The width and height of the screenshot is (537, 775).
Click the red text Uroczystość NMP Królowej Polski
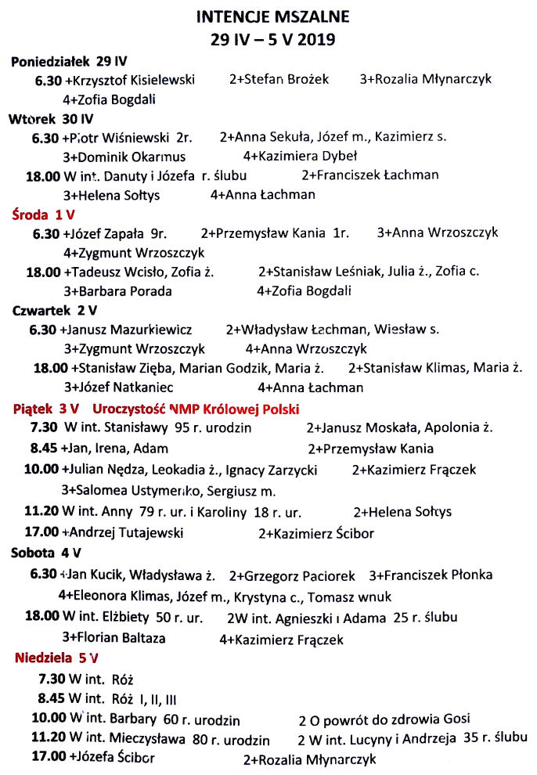pos(196,409)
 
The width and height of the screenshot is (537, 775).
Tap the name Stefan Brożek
pos(283,79)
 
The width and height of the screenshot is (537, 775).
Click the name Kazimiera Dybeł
pos(305,156)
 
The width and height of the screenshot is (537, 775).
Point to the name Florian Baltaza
pos(118,637)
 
